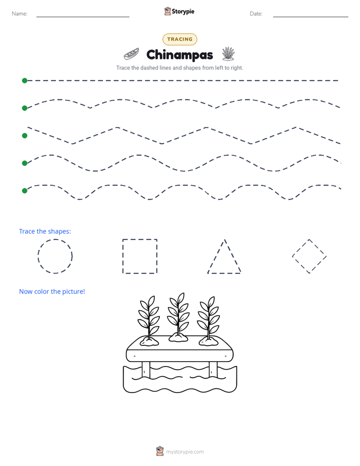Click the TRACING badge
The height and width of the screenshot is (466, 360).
click(x=179, y=39)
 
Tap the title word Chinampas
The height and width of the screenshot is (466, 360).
click(x=179, y=55)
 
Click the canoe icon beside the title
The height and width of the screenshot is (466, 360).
click(x=131, y=54)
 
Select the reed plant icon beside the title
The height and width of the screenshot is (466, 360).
click(x=228, y=54)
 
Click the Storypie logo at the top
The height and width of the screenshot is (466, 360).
click(x=179, y=11)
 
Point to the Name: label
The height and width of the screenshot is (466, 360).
click(x=20, y=14)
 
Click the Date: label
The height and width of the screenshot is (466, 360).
click(x=256, y=14)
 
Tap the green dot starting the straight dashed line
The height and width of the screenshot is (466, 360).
click(x=25, y=81)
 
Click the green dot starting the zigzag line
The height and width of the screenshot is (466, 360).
click(x=25, y=136)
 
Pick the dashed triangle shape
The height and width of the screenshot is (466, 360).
click(x=216, y=256)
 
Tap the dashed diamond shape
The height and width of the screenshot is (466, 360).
click(x=301, y=248)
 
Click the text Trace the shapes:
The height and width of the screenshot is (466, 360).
click(x=45, y=231)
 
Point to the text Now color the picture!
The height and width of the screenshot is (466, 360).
click(x=52, y=292)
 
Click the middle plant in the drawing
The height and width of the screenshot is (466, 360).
click(x=178, y=317)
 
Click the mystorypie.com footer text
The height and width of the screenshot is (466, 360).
click(x=185, y=452)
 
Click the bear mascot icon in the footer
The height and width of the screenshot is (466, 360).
click(x=160, y=451)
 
